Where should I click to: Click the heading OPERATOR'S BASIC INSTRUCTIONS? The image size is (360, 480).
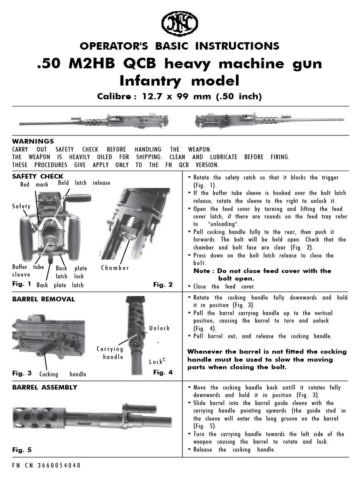click(x=180, y=46)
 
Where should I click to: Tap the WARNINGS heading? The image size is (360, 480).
click(x=33, y=141)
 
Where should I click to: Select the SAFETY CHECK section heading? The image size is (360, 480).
click(x=37, y=176)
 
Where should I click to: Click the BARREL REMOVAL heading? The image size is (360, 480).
click(x=43, y=299)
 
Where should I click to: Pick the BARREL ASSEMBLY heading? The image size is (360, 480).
click(x=45, y=388)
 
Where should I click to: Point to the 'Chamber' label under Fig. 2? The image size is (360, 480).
click(x=115, y=268)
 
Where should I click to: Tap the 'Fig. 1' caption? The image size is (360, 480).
click(x=22, y=284)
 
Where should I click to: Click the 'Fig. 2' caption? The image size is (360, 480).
click(x=163, y=284)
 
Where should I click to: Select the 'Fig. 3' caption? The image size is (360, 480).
click(x=22, y=373)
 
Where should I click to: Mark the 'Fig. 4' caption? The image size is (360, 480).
click(x=163, y=373)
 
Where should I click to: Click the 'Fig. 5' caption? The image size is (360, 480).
click(x=22, y=450)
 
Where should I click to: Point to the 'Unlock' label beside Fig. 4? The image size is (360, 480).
click(x=159, y=328)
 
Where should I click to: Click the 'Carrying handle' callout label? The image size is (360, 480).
click(x=110, y=353)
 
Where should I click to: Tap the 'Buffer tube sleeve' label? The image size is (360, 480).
click(x=27, y=271)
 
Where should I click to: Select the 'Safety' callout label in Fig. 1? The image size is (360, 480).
click(x=22, y=206)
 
